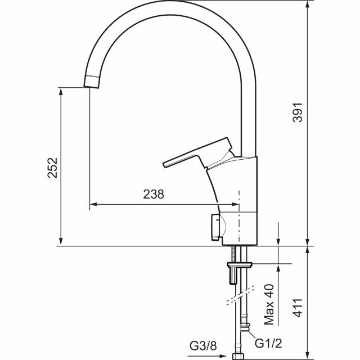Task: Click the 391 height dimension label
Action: pos(298,112)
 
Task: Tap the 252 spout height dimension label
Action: pos(52,168)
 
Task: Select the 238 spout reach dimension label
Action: pos(154,194)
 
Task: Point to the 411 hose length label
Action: pos(298,308)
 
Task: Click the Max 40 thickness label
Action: pos(269,304)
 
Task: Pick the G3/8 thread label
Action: pos(203,345)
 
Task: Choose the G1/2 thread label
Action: pos(268,343)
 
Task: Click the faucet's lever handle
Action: pos(197,153)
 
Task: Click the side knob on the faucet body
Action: pos(215,227)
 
